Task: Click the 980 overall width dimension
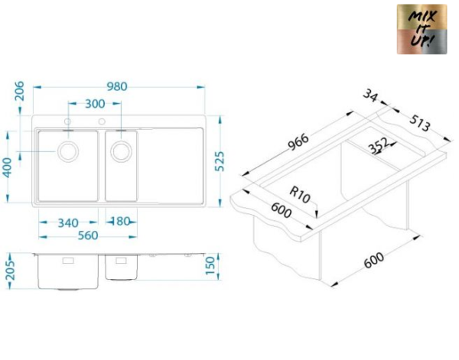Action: coord(117,86)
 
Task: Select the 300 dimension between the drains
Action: coord(95,103)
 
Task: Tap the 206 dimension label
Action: coord(20,91)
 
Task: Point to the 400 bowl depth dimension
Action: coord(8,167)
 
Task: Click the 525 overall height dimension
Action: coord(220,161)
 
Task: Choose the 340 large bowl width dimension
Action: coord(68,223)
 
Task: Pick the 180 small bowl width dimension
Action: coord(121,222)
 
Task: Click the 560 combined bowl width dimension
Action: coord(88,235)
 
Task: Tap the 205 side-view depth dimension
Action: coord(11,271)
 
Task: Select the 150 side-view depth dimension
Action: coord(210,266)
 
